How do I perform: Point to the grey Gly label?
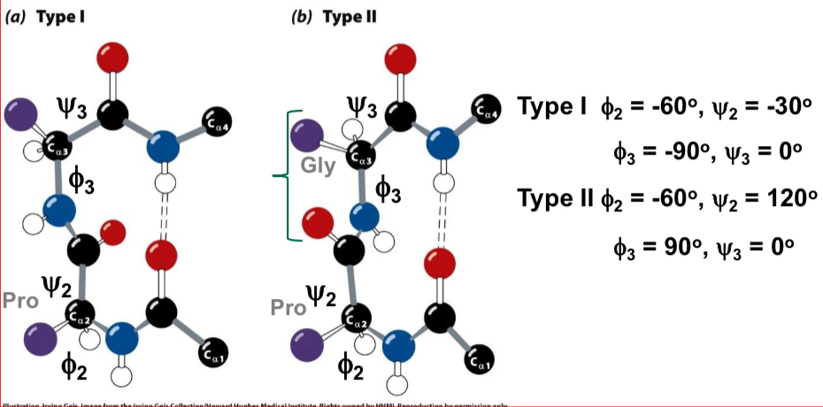tap(319, 167)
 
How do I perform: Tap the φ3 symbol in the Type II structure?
tap(387, 188)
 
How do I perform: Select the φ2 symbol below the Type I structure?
tap(73, 363)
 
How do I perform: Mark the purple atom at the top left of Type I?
tap(19, 114)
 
